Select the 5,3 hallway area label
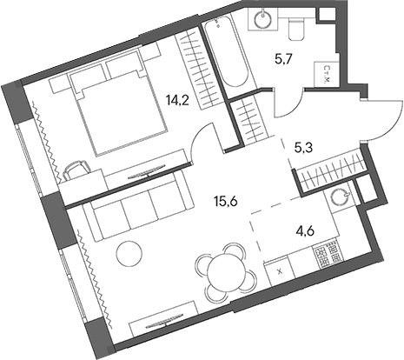coord(304,147)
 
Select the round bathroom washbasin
coord(260,20)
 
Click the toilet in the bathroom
coord(295,28)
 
